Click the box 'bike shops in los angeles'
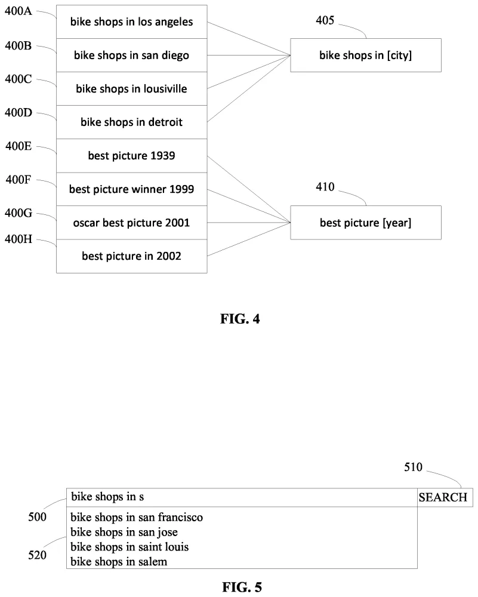132,22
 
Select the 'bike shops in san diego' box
132,56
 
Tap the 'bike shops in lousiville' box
132,89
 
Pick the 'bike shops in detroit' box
132,122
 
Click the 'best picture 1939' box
132,156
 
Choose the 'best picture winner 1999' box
132,190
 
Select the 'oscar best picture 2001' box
132,223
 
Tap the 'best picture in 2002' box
132,257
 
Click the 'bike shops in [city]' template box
365,56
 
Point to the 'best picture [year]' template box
365,223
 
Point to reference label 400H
18,239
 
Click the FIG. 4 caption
239,319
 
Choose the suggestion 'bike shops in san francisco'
137,517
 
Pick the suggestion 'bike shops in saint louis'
129,546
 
